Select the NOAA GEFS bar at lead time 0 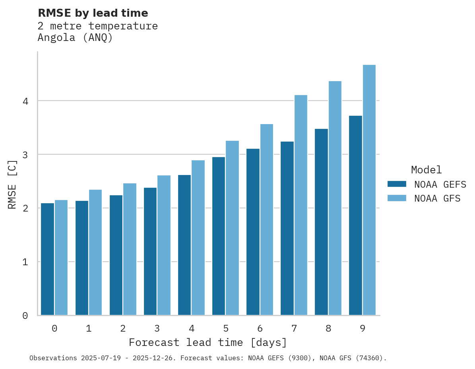pyautogui.click(x=47, y=259)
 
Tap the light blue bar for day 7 pyautogui.click(x=301, y=205)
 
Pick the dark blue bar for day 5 pyautogui.click(x=219, y=236)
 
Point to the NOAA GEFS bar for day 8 pyautogui.click(x=321, y=222)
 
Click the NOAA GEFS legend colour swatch pyautogui.click(x=397, y=184)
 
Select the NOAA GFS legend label pyautogui.click(x=437, y=198)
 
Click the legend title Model pyautogui.click(x=426, y=170)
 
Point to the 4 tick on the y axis pyautogui.click(x=25, y=101)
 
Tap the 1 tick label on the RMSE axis pyautogui.click(x=25, y=262)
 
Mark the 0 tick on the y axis pyautogui.click(x=25, y=316)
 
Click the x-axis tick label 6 pyautogui.click(x=260, y=328)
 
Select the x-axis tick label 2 pyautogui.click(x=123, y=328)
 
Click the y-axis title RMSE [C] pyautogui.click(x=13, y=184)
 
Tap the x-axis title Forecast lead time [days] pyautogui.click(x=208, y=342)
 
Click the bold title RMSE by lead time pyautogui.click(x=93, y=13)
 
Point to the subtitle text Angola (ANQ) pyautogui.click(x=75, y=38)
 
